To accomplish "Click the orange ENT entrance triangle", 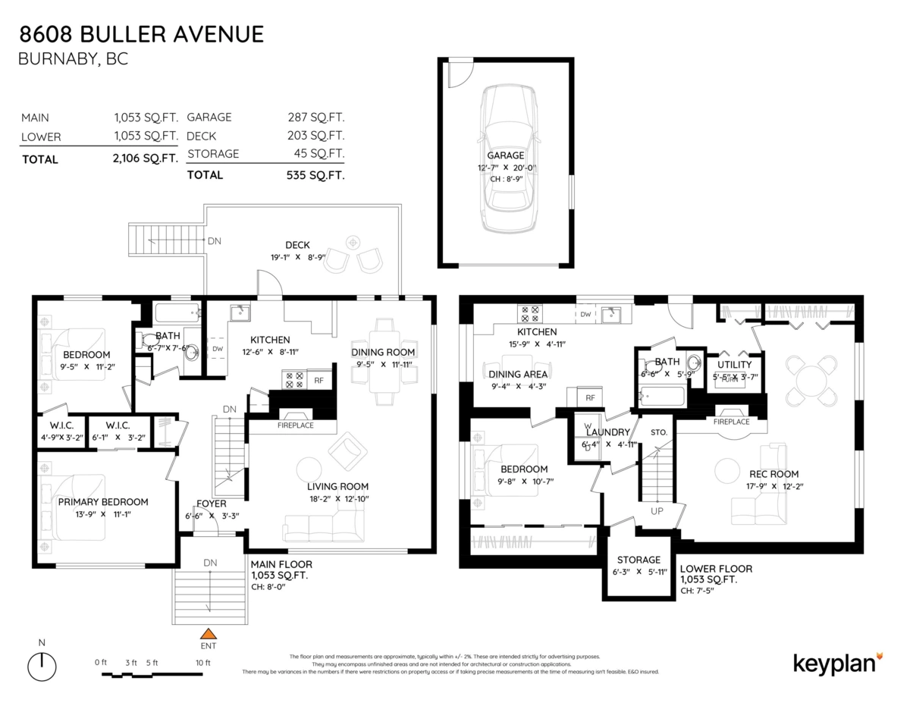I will pyautogui.click(x=208, y=633).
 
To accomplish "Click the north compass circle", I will pyautogui.click(x=42, y=667).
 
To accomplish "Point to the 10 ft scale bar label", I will pyautogui.click(x=202, y=662).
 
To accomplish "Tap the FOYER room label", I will pyautogui.click(x=212, y=504).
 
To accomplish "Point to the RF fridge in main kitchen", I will pyautogui.click(x=318, y=381).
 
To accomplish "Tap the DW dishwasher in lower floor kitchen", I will pyautogui.click(x=585, y=314).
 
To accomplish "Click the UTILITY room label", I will pyautogui.click(x=734, y=365).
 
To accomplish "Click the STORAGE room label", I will pyautogui.click(x=639, y=560).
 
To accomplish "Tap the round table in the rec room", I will pyautogui.click(x=810, y=377).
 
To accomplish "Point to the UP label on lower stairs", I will pyautogui.click(x=657, y=511).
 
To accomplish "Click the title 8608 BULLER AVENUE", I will pyautogui.click(x=142, y=34).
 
